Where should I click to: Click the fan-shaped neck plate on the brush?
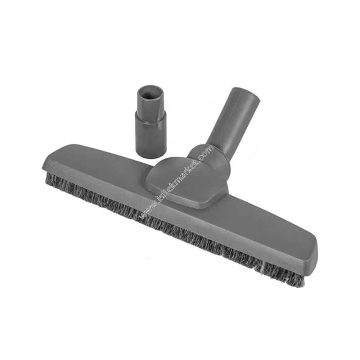tap(187, 180)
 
